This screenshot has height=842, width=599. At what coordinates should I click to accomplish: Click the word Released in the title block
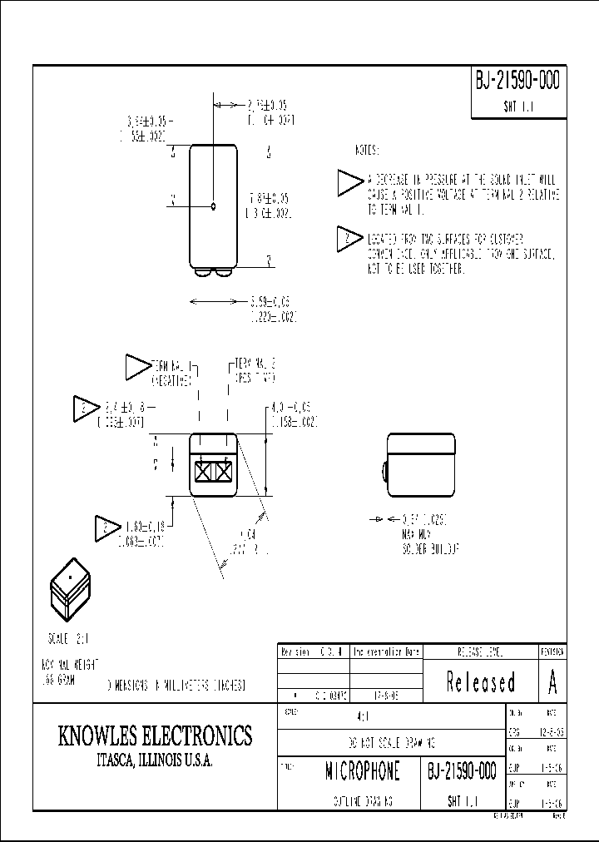coord(481,682)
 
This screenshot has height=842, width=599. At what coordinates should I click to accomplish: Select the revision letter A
coord(552,682)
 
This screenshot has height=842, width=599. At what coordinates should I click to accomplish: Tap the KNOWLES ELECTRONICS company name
coord(155,736)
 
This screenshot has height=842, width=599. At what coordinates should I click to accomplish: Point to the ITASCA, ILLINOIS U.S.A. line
coord(155,760)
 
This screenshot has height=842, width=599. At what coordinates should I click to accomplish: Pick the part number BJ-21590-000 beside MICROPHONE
coord(463,771)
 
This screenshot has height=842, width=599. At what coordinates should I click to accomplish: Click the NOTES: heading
coord(366,151)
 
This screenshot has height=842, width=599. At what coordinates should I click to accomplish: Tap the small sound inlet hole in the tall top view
coord(214,206)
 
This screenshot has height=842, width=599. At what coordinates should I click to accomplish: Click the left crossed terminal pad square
coord(203,472)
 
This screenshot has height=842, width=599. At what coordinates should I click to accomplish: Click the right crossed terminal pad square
coord(223,472)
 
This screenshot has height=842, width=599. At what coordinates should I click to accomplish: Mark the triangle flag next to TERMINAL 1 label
coord(135,365)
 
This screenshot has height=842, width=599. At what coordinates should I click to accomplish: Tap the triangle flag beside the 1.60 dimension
coord(106,527)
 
